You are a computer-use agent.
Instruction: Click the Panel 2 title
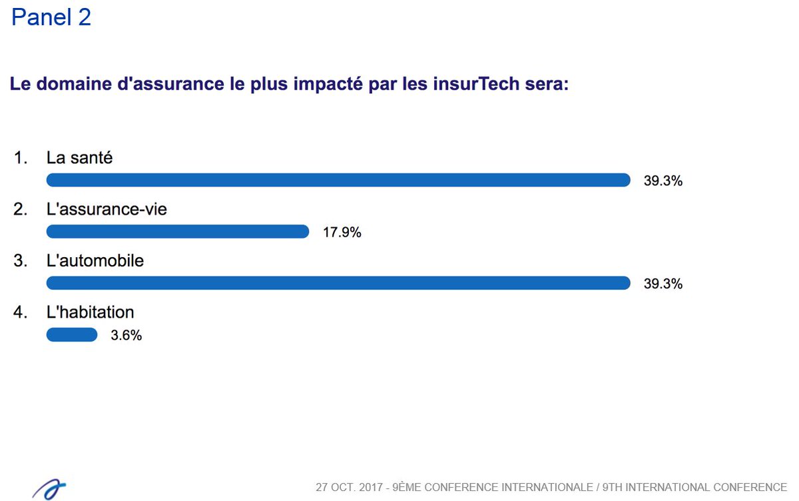51,18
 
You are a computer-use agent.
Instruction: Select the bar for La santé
338,180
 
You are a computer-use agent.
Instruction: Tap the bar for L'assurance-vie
177,231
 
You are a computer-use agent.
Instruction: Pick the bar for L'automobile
338,283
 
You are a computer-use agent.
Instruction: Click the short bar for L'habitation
71,334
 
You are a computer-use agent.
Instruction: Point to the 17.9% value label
342,233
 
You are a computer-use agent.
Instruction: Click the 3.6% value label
126,336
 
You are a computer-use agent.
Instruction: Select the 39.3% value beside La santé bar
663,181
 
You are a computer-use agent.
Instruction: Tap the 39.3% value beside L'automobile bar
663,284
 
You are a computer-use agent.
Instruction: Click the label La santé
79,158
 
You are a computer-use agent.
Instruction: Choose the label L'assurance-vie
107,209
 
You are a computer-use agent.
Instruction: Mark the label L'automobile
95,261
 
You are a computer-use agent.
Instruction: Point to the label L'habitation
90,312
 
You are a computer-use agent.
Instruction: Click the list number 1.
20,158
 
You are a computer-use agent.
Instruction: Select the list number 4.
20,312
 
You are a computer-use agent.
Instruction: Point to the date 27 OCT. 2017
350,487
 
